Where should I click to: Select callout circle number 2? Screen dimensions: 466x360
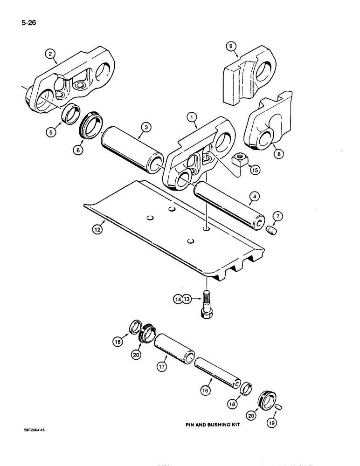50,55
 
